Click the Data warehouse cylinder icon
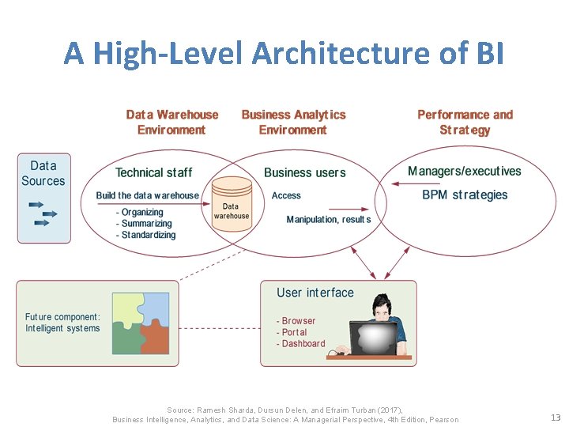click(231, 204)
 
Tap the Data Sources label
click(43, 173)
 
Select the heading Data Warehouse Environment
click(171, 122)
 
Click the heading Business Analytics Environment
click(293, 122)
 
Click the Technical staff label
click(153, 172)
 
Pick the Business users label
click(304, 172)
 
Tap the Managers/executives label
click(464, 172)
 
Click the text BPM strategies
click(465, 195)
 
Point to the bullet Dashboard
click(300, 344)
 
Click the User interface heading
click(315, 293)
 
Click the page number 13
click(555, 418)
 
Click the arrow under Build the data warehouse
click(150, 204)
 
